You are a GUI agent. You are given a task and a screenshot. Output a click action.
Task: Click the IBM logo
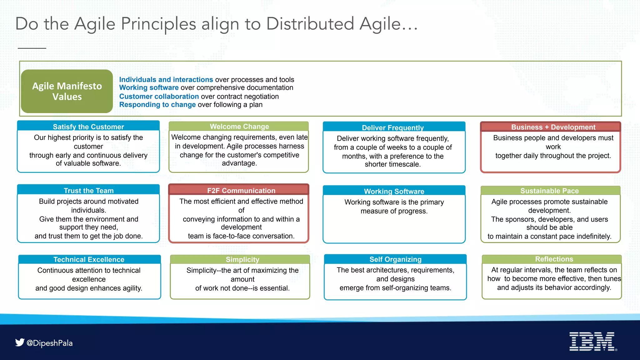[592, 341]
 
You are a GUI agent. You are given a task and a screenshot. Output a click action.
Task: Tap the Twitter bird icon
[20, 342]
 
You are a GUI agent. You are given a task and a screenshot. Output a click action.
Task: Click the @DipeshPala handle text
[50, 343]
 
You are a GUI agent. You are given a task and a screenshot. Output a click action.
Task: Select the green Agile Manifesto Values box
[67, 91]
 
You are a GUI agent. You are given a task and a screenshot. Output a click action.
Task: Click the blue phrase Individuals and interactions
[166, 80]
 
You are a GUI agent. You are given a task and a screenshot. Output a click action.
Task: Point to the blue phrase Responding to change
[157, 105]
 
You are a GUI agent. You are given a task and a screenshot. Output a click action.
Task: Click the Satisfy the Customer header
[88, 127]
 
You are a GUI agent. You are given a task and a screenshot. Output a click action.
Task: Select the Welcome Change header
[239, 127]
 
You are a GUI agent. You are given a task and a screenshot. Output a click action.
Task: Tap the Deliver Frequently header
[393, 127]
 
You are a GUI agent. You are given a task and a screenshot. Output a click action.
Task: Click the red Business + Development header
[553, 127]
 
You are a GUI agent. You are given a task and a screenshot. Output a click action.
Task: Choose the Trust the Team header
[88, 191]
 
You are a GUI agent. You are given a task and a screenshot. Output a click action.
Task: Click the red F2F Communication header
[241, 191]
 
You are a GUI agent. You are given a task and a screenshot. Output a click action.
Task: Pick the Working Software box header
[394, 191]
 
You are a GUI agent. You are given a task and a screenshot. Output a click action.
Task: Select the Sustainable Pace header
[549, 191]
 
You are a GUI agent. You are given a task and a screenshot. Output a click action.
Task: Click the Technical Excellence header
[89, 260]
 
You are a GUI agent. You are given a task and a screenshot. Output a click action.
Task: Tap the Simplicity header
[242, 260]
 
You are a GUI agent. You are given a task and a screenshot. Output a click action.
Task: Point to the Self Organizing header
[395, 259]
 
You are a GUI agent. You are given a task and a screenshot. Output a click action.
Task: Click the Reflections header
[554, 259]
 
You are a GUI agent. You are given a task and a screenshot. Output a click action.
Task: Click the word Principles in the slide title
[158, 24]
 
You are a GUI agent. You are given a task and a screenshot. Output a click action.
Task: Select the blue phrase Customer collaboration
[159, 97]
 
